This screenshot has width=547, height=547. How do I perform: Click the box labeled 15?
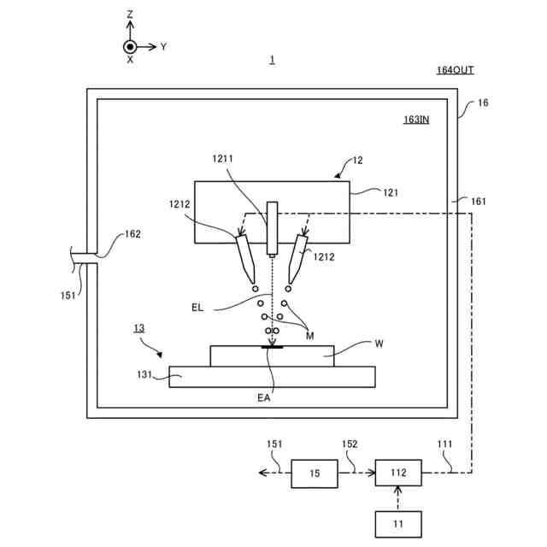[x=314, y=473]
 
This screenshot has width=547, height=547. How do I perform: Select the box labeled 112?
[x=397, y=473]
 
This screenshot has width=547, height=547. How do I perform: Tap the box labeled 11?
[x=397, y=523]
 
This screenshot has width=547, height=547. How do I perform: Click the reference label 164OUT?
[x=455, y=70]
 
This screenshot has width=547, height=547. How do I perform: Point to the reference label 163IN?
[x=416, y=120]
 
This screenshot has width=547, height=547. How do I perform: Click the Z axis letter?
[x=130, y=15]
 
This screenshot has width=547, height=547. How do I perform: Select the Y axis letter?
[x=163, y=46]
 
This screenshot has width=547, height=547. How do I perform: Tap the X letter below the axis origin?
[x=130, y=61]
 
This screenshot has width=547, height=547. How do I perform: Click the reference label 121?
[x=391, y=192]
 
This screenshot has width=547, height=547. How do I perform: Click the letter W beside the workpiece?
[x=379, y=345]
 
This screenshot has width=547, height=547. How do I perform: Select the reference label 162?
[x=132, y=233]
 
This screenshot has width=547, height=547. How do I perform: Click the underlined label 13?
[x=138, y=328]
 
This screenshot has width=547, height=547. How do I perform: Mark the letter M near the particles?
[x=309, y=336]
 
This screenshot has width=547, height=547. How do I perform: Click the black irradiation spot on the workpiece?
[x=273, y=347]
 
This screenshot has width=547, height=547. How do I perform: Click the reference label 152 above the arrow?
[x=350, y=444]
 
